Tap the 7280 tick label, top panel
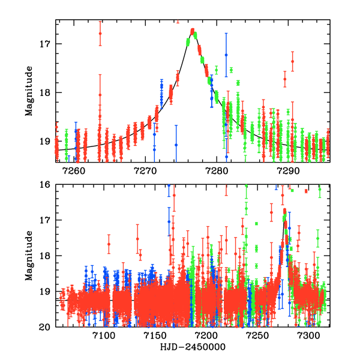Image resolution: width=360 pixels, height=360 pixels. [217, 171]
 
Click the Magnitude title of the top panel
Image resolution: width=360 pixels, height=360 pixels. [29, 91]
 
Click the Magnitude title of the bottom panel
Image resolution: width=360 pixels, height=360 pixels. [29, 256]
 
